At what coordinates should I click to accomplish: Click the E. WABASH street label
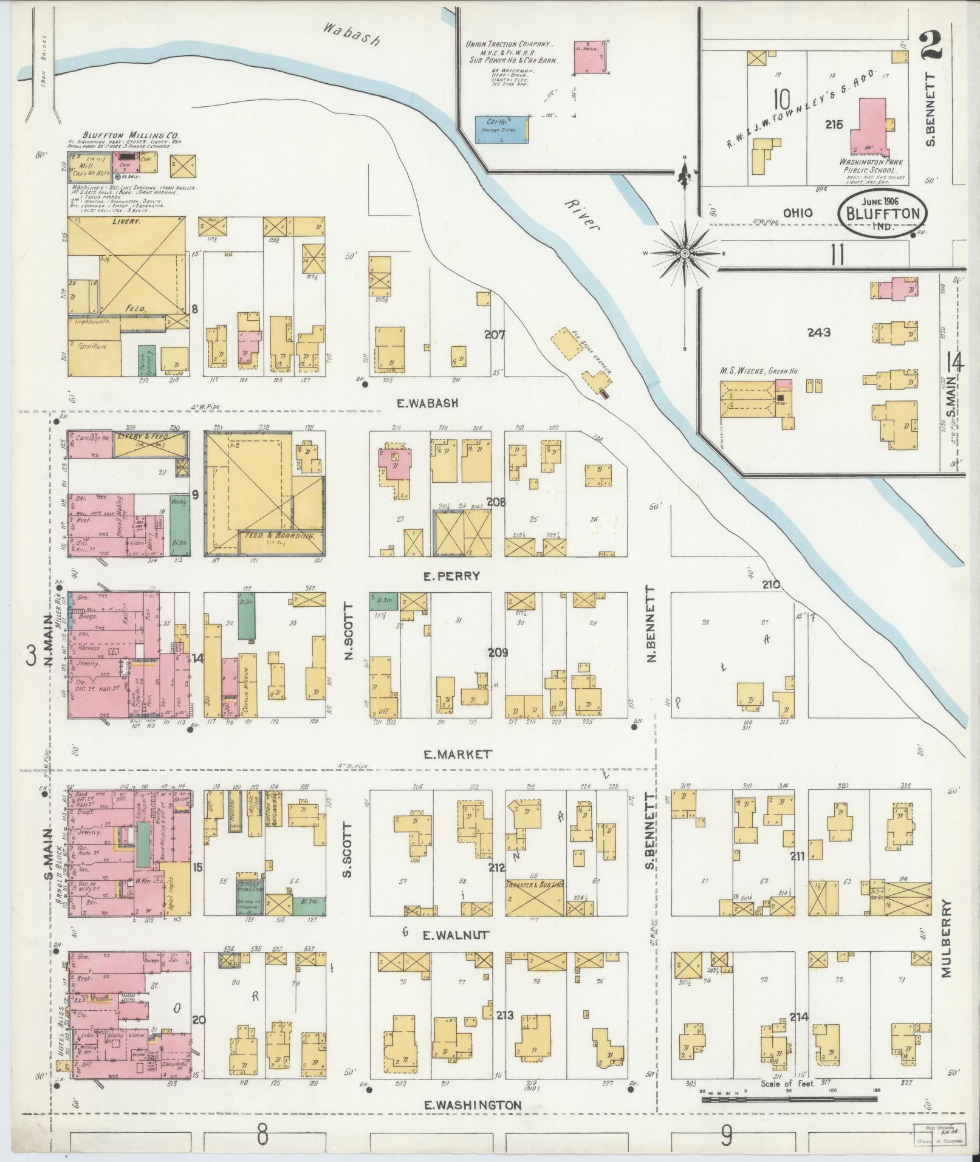427,402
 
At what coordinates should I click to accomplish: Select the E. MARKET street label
457,754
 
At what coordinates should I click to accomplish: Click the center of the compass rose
685,253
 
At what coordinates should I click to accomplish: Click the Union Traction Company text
509,45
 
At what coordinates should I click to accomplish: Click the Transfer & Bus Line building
535,902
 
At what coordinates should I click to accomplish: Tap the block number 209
497,652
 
